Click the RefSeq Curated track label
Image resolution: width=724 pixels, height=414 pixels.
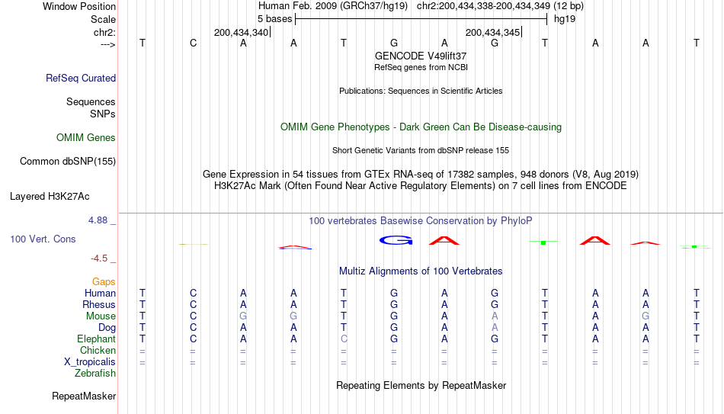tap(81, 78)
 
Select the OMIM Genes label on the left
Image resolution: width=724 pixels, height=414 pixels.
tap(86, 138)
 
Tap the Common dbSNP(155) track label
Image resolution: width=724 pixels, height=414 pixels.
tap(68, 162)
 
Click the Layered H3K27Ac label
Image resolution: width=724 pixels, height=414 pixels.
tap(50, 197)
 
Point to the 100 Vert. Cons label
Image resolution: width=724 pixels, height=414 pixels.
tap(43, 239)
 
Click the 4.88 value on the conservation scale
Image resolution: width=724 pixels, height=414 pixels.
tap(98, 220)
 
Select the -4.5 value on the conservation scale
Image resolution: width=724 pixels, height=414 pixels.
tap(99, 258)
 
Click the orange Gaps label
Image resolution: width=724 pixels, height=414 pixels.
tap(104, 282)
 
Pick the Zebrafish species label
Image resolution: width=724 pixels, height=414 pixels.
tap(95, 374)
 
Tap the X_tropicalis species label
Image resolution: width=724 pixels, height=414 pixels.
tap(90, 362)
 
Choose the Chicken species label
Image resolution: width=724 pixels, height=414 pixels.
tap(98, 350)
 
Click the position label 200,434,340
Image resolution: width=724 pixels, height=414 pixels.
tap(241, 33)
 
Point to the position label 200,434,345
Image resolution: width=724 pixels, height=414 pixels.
tap(492, 33)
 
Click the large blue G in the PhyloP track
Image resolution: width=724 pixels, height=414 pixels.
tap(396, 240)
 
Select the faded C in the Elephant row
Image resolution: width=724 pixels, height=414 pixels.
tap(344, 339)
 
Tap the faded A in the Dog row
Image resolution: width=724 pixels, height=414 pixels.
tap(495, 328)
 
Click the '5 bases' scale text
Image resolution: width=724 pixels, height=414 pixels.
tap(274, 19)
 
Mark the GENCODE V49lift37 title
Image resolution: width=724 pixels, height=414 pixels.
tap(421, 56)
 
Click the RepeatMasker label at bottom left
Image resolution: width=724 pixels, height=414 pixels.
tap(84, 396)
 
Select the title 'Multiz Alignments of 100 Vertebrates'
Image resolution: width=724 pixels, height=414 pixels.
tap(421, 271)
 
